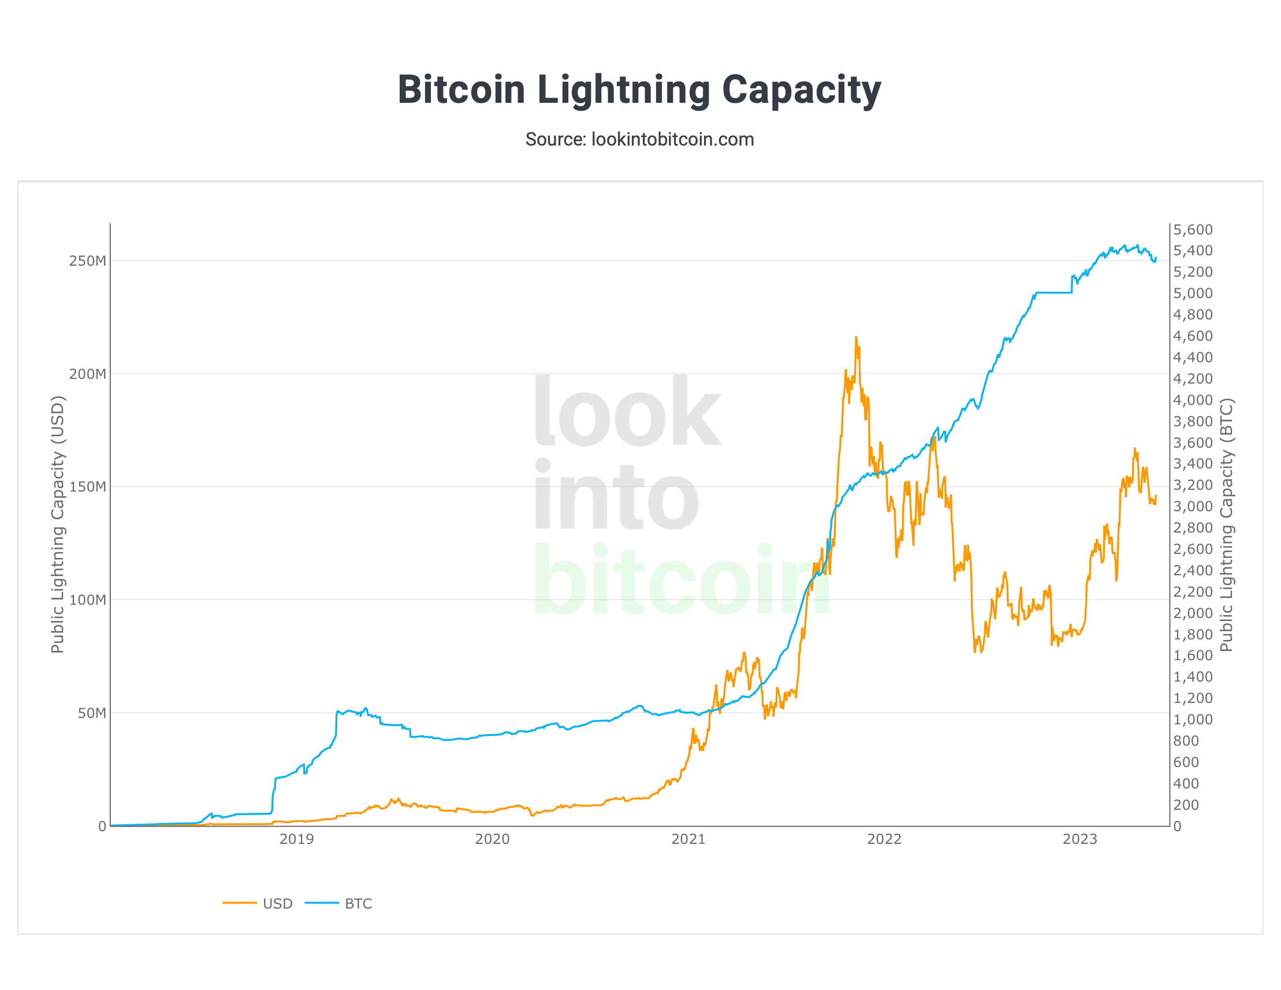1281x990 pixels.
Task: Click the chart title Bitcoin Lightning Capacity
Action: (x=639, y=90)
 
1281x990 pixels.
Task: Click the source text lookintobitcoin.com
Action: (x=639, y=140)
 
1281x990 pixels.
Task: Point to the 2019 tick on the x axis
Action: (x=296, y=839)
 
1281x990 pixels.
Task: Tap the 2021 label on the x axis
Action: (x=688, y=839)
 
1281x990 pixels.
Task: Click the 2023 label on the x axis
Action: (x=1080, y=839)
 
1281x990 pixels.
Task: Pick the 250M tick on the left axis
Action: (x=87, y=261)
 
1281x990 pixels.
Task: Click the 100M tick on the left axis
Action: (x=87, y=600)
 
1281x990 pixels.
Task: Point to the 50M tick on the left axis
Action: (x=91, y=713)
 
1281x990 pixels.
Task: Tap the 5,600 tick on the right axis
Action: (x=1193, y=230)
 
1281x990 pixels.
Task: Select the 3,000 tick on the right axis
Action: (x=1193, y=507)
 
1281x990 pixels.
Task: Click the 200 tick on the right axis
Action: (x=1185, y=805)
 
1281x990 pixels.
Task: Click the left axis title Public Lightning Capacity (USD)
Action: (x=58, y=525)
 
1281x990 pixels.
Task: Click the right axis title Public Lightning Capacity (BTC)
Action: (x=1227, y=525)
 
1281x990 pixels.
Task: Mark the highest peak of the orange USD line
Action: (x=856, y=338)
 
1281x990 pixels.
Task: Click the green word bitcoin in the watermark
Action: (x=680, y=580)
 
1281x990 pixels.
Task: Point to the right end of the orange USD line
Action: (x=1156, y=497)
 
